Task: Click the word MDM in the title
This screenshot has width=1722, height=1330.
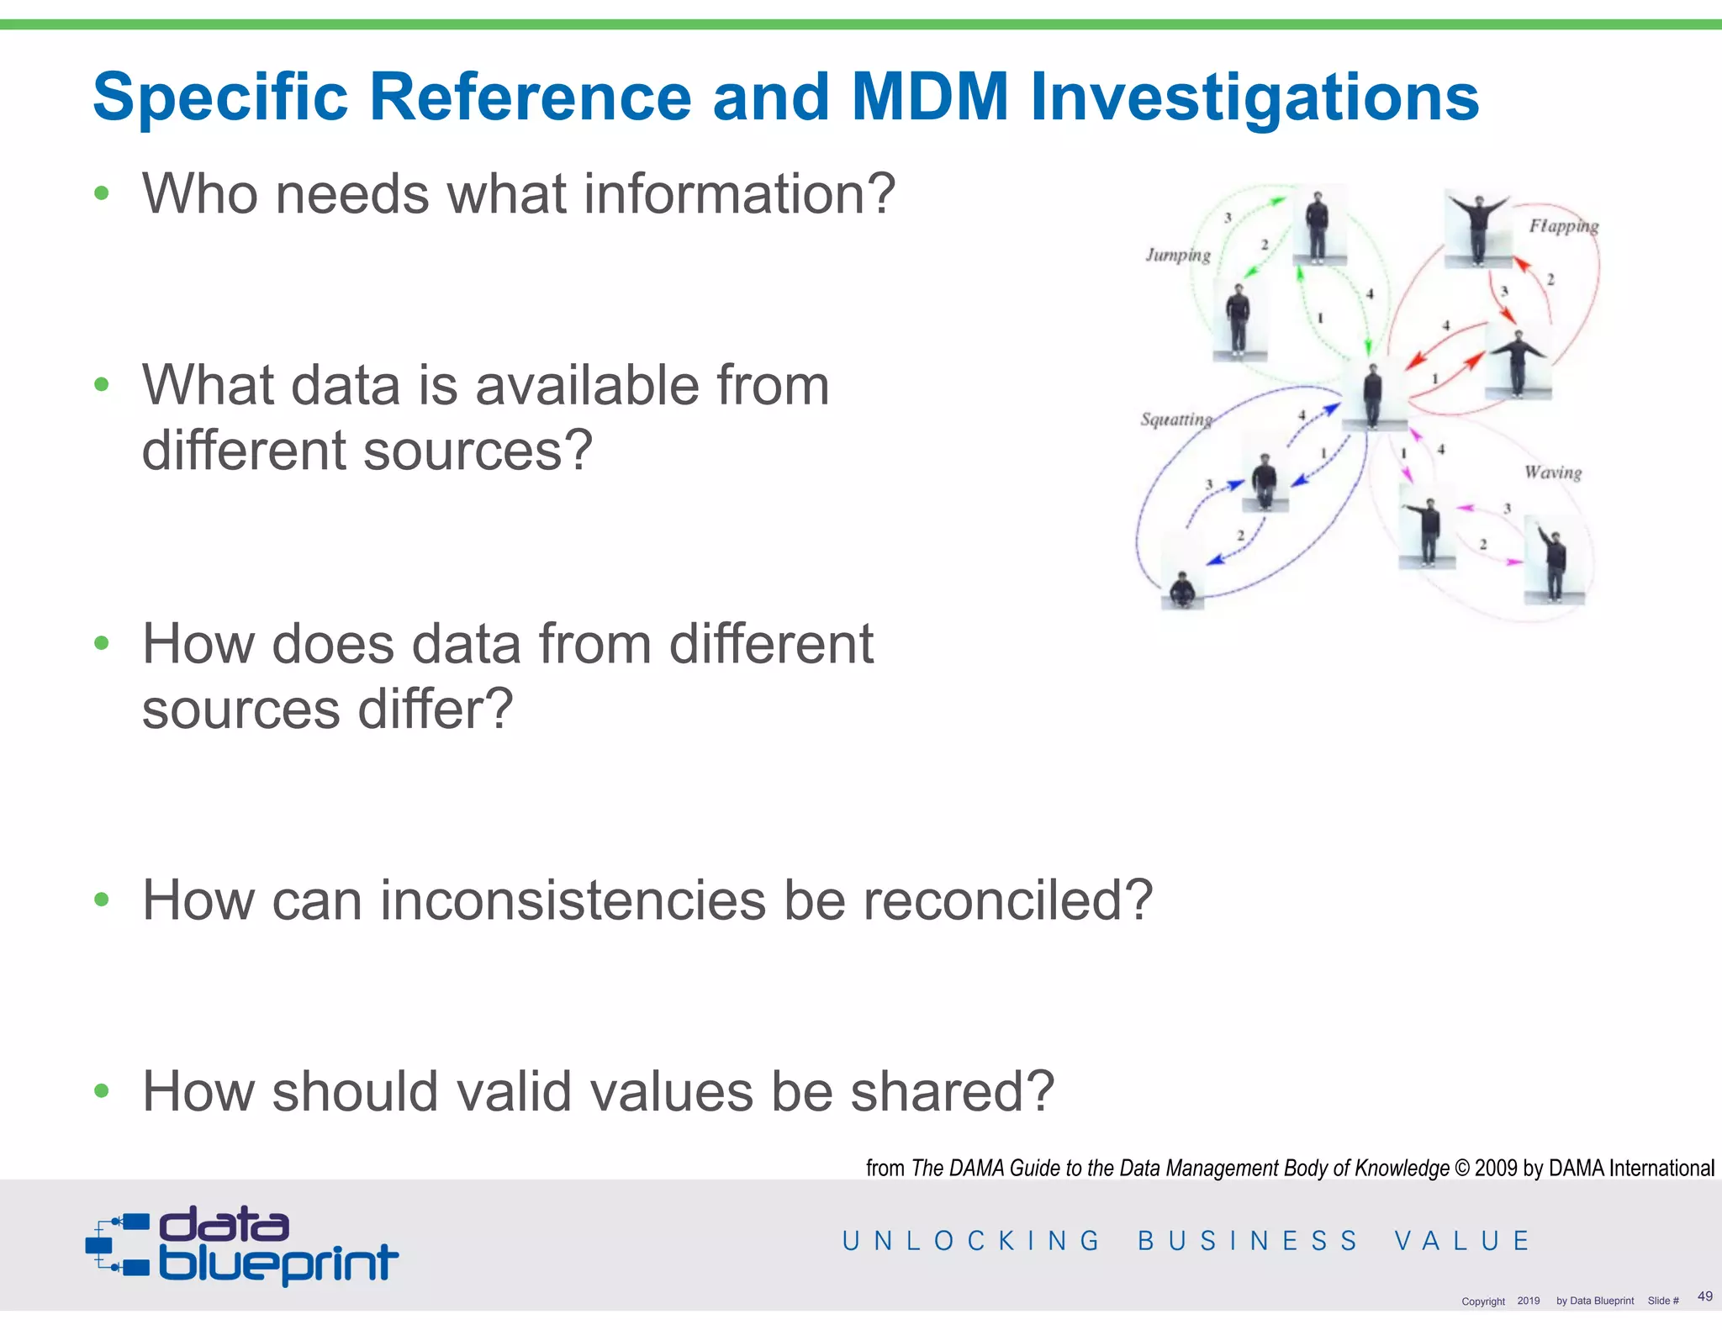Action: coord(929,97)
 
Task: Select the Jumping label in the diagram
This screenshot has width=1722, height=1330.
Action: coord(1178,256)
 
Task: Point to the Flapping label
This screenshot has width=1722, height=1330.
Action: coord(1563,226)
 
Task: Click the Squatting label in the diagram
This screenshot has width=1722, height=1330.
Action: coord(1175,420)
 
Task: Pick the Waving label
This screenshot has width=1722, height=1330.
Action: coord(1553,472)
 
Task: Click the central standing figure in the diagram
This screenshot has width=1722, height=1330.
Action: coord(1373,395)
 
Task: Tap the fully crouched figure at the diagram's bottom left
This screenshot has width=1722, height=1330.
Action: coord(1182,589)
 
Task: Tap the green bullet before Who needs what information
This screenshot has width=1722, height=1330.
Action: coord(102,193)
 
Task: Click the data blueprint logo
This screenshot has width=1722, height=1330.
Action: coord(242,1245)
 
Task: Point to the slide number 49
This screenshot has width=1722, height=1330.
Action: coord(1704,1296)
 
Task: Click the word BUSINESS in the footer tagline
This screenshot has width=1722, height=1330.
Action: coord(1248,1241)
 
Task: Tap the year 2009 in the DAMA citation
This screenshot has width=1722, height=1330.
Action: coord(1496,1168)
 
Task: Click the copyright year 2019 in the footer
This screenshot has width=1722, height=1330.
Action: coord(1528,1301)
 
